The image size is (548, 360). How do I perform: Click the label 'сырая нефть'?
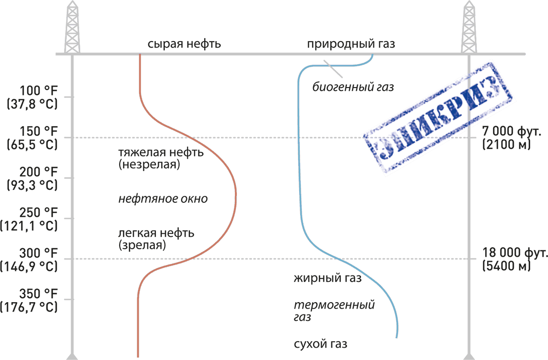pos(184,44)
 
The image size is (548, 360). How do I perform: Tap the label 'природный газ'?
pos(351,44)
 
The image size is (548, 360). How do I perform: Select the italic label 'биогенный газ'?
pos(353,88)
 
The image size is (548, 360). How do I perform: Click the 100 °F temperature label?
pos(39,91)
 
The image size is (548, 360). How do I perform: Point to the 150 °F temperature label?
pos(39,133)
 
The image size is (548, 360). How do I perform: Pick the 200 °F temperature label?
pos(39,173)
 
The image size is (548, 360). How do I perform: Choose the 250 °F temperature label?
pos(39,214)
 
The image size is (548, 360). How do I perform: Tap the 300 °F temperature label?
pos(39,254)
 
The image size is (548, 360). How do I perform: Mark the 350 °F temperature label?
pos(39,295)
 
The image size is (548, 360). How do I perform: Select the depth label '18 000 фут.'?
pos(515,253)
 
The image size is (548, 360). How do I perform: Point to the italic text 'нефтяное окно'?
pos(163,199)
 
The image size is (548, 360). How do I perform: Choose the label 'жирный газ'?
pos(327,278)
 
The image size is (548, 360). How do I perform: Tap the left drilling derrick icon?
pos(73,27)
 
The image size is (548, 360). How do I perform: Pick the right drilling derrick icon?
pos(469,27)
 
